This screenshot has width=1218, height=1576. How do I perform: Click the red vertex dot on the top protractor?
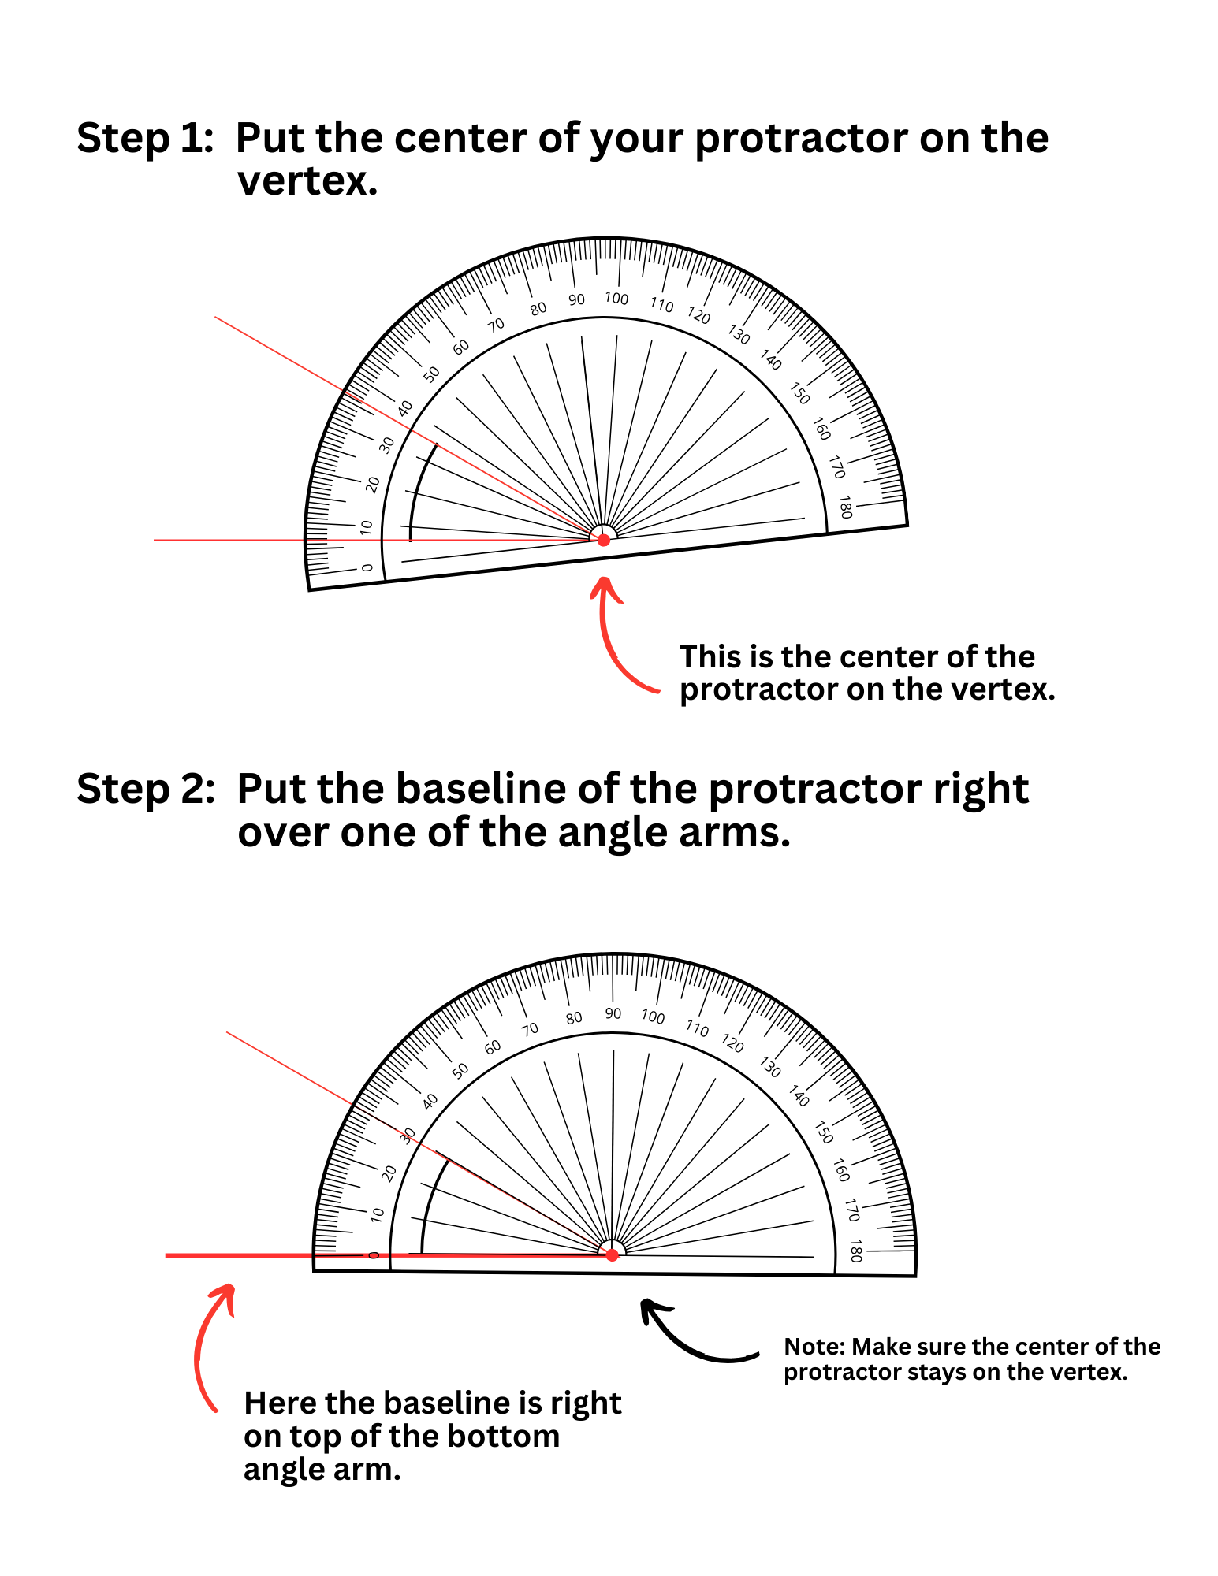(x=603, y=540)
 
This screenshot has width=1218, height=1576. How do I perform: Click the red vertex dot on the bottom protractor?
(x=612, y=1254)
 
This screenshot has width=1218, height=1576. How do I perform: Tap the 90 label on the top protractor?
(x=576, y=300)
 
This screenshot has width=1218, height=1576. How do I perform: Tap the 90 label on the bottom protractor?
(x=613, y=1013)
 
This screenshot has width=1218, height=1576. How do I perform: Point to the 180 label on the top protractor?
(x=845, y=507)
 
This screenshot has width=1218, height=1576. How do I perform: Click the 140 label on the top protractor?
(x=770, y=360)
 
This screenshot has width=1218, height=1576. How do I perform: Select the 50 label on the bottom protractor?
(x=460, y=1070)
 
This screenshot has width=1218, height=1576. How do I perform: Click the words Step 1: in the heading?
(x=145, y=139)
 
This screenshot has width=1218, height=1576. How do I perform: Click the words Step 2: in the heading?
(x=146, y=789)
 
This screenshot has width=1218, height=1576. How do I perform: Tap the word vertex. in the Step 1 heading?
(x=307, y=182)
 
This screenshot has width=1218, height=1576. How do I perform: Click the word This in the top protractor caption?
(x=710, y=657)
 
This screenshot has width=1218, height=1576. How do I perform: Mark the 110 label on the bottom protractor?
(x=697, y=1028)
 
